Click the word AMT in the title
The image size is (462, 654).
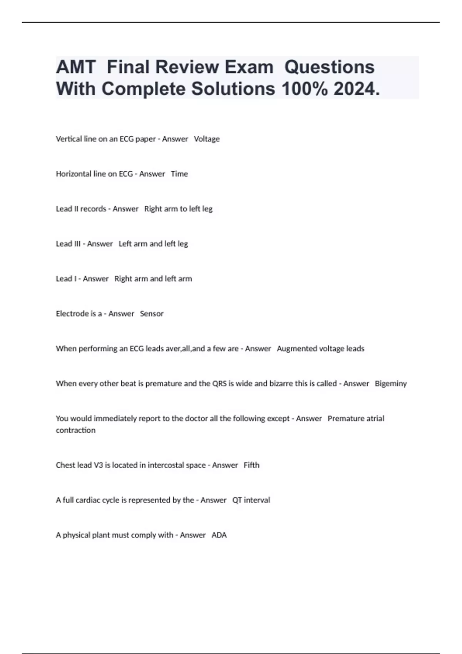click(x=75, y=67)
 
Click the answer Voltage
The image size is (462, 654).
click(x=207, y=139)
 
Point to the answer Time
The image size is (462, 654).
click(x=179, y=174)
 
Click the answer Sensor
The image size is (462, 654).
click(x=152, y=314)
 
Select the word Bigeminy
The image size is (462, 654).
click(x=391, y=384)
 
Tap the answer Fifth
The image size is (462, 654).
click(x=251, y=465)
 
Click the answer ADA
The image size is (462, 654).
click(x=219, y=535)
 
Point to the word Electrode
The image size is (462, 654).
click(x=72, y=314)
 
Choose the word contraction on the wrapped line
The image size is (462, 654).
click(x=75, y=430)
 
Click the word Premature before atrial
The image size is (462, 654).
click(x=344, y=419)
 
